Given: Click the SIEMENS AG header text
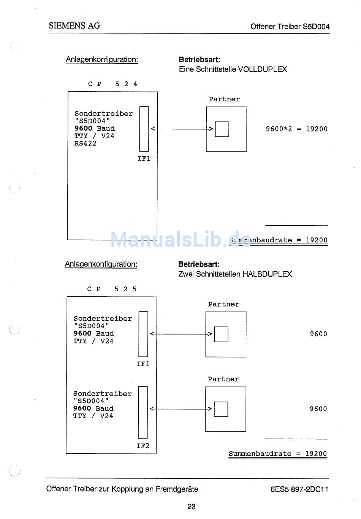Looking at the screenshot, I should coord(74,26).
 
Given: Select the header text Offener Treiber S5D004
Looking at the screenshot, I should coord(290,27).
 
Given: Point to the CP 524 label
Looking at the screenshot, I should coord(112,84).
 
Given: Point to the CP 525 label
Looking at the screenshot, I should coord(112,289).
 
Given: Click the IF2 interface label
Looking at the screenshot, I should coord(143,446).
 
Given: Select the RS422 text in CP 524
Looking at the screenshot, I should coord(85,144).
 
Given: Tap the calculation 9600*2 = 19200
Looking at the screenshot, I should coord(296,129).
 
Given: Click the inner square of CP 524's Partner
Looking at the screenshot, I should coord(222,129).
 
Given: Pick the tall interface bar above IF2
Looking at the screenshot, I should coord(143,412).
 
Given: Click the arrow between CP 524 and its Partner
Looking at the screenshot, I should coord(182,129).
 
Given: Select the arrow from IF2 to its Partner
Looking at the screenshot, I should coord(181,409).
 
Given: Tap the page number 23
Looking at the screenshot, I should coord(191,506).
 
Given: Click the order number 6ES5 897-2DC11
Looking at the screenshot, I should coord(299,489).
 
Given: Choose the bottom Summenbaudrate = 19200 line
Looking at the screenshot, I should coord(278,454).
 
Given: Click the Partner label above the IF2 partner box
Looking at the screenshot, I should coord(223,379).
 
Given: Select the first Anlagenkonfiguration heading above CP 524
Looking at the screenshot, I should coord(102,60).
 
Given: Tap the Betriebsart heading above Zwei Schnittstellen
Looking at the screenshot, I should coord(199,264).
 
